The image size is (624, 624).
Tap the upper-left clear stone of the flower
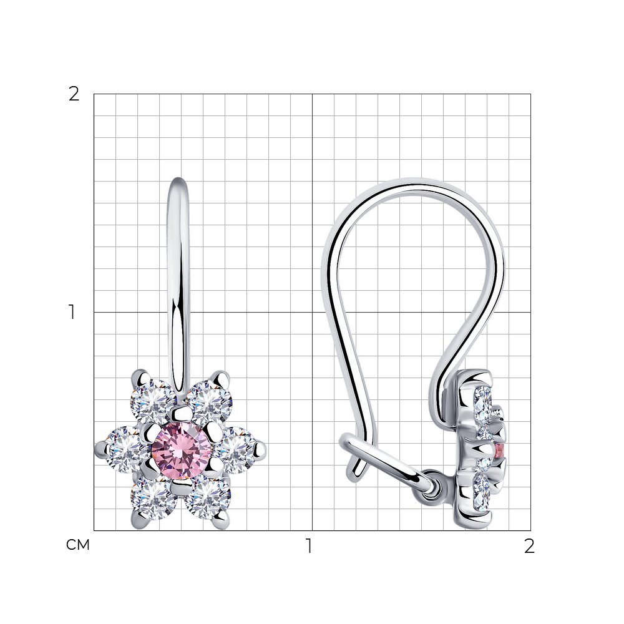pos(153,401)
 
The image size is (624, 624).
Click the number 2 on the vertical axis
pos(74,95)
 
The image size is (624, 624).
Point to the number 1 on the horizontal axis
pos(308,547)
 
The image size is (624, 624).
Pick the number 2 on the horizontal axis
pos(529,547)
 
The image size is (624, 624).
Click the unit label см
pos(78,545)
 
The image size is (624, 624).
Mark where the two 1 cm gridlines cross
pos(312,312)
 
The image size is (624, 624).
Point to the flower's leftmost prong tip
pos(99,447)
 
